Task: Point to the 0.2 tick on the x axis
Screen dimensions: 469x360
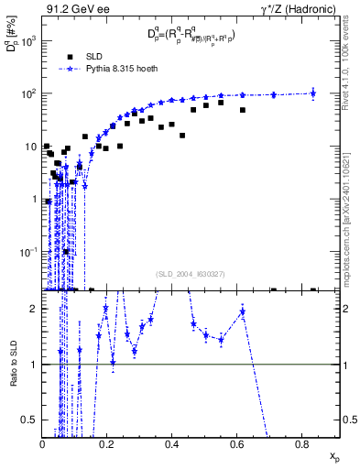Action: (x=107, y=446)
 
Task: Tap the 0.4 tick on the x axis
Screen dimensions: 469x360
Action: (x=172, y=446)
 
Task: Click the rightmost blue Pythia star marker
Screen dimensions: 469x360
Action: (x=314, y=92)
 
